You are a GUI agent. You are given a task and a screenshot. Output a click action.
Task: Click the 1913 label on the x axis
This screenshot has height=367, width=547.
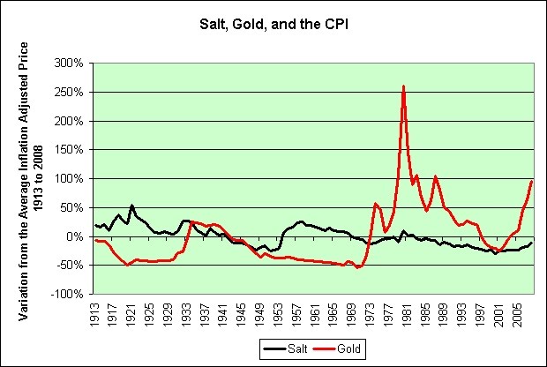tap(94, 311)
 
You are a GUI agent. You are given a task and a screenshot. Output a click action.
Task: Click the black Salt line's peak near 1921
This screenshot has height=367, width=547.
tap(131, 206)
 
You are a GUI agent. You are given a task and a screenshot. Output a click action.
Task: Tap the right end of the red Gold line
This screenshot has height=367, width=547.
tap(533, 181)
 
